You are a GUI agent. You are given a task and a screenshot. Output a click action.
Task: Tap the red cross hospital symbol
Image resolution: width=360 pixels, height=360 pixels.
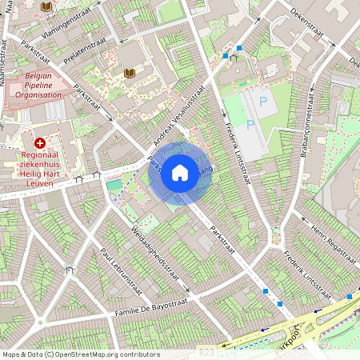pos(40,142)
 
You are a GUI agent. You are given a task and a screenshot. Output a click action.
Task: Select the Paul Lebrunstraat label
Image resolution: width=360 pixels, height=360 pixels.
pos(121,272)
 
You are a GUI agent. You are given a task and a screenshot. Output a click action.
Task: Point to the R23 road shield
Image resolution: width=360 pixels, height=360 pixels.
pos(206,350)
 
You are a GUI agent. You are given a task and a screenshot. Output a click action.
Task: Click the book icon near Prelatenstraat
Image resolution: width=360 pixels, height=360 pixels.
pos(129,74)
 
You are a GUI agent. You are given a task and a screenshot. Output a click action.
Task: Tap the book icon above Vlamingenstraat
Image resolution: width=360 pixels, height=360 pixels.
pos(46,6)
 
